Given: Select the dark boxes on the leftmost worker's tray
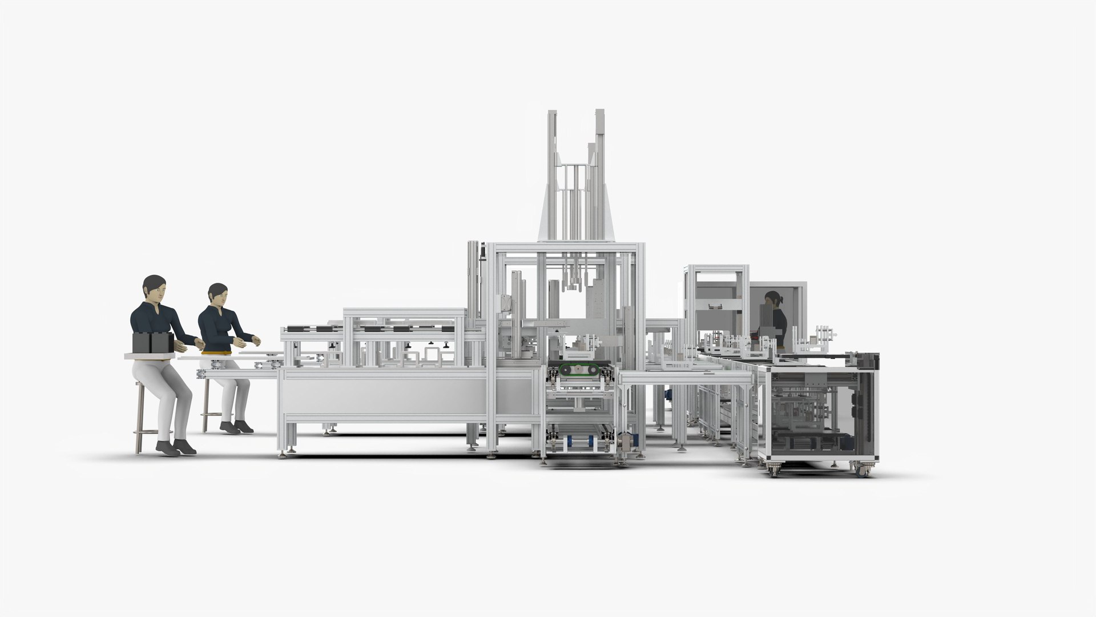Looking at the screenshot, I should coord(152,342).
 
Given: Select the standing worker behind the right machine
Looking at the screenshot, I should coord(775,320).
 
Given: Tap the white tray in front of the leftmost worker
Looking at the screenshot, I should coord(150,356).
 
